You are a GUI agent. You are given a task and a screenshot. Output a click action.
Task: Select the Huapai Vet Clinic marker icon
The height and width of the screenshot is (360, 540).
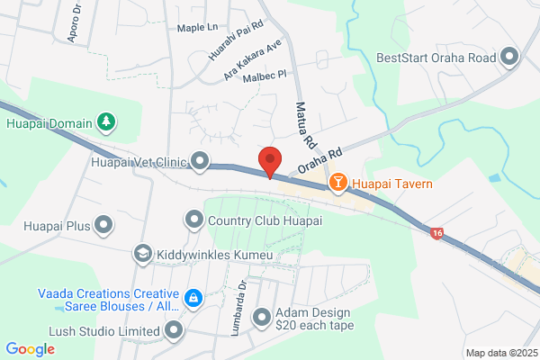(200, 163)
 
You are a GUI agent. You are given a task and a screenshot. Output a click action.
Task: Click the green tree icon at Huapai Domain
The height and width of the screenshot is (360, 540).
(105, 121)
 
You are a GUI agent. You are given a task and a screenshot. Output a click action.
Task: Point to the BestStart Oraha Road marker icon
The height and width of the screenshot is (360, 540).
(510, 58)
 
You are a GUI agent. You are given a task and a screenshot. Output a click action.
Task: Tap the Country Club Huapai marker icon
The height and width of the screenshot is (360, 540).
(193, 220)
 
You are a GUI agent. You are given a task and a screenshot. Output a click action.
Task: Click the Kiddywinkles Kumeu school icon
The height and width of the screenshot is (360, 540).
(143, 256)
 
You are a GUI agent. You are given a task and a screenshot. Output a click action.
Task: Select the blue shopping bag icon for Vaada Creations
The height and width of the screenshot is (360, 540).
(192, 297)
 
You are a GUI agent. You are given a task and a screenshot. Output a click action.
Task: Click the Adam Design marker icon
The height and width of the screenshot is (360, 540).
(262, 317)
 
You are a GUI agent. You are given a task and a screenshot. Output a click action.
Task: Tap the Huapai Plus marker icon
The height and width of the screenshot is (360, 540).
(104, 225)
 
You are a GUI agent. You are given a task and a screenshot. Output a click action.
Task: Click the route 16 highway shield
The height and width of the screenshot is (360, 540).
(436, 233)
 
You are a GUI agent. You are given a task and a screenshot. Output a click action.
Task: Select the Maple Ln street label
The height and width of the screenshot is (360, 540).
(198, 28)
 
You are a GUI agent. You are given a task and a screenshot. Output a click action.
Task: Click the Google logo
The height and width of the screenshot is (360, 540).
(31, 348)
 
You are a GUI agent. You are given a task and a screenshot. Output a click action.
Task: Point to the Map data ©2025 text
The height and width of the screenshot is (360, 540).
(500, 353)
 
